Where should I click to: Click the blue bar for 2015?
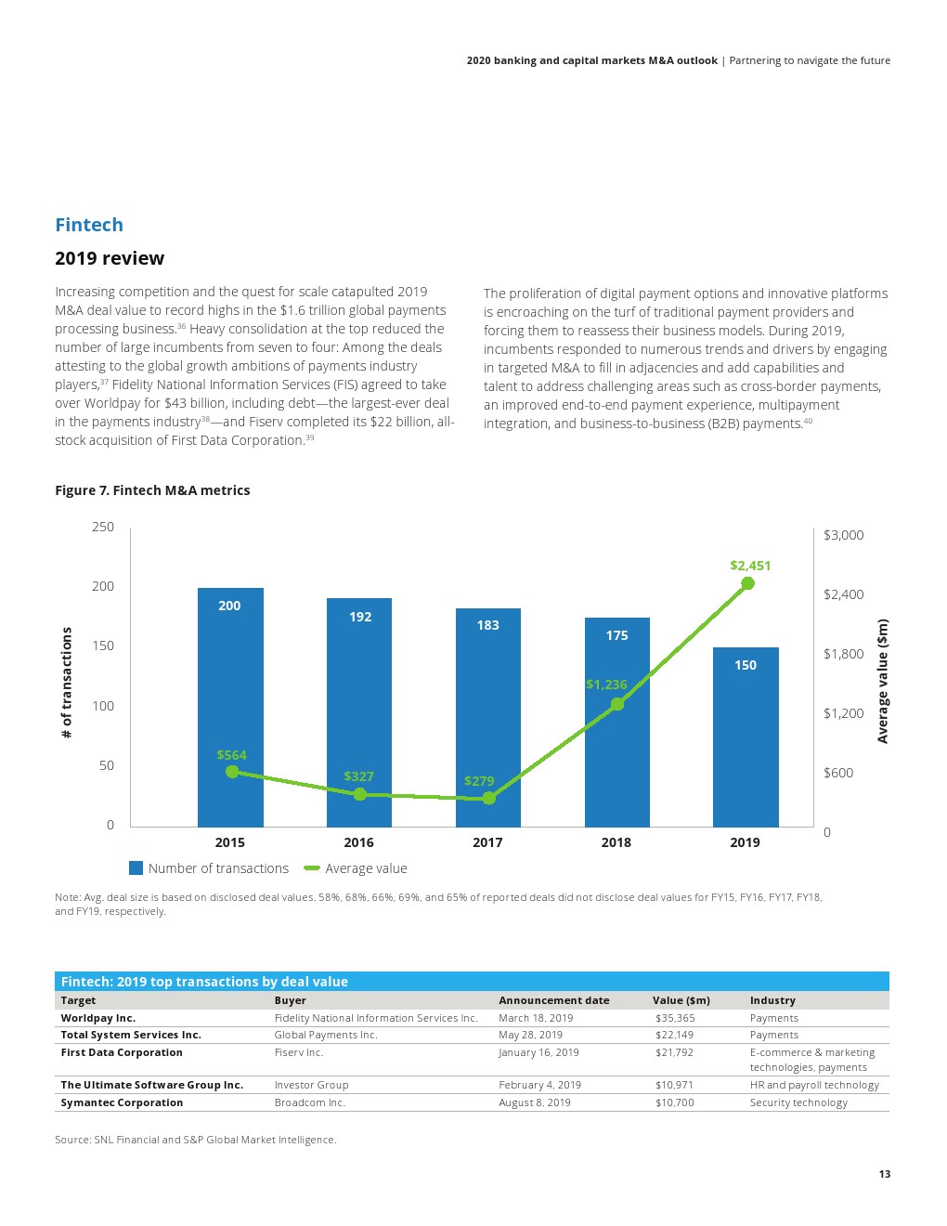230,706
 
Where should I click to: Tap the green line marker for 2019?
747,583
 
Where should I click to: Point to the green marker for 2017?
488,798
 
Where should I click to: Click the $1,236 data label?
606,685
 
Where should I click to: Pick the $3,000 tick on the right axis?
843,535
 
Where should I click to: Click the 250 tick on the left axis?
103,527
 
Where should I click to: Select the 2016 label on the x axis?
358,842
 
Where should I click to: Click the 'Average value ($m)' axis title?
882,681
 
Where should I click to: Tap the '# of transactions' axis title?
66,683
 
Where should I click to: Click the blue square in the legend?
136,868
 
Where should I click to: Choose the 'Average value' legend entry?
366,868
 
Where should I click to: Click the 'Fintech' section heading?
89,225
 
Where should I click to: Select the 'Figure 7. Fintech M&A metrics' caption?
152,490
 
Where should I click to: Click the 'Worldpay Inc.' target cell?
98,1018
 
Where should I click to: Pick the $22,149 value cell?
674,1035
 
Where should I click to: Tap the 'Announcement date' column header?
554,1000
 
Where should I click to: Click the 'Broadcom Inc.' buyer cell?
310,1102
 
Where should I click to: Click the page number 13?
884,1174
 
